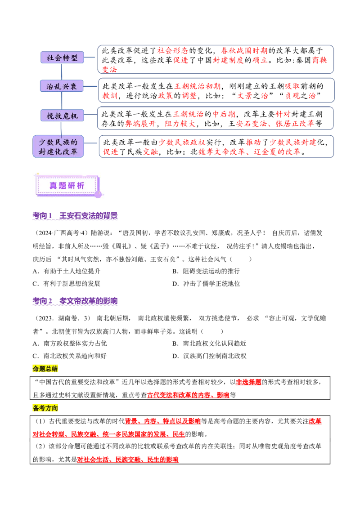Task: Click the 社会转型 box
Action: click(x=62, y=58)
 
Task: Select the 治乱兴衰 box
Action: click(x=62, y=86)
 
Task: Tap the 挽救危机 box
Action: click(x=62, y=116)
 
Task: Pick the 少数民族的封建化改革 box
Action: click(x=58, y=146)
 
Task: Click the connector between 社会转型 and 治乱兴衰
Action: click(x=62, y=71)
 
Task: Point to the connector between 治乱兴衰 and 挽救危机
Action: click(x=62, y=101)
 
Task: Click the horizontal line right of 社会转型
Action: click(x=91, y=58)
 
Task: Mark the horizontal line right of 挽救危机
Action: click(x=91, y=114)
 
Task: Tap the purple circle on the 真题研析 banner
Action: click(x=98, y=194)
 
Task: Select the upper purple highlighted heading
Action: click(x=75, y=216)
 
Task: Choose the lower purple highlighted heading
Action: click(x=75, y=300)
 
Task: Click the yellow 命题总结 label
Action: click(x=46, y=369)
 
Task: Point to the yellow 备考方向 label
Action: click(x=46, y=408)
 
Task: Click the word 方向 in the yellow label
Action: click(x=52, y=408)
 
